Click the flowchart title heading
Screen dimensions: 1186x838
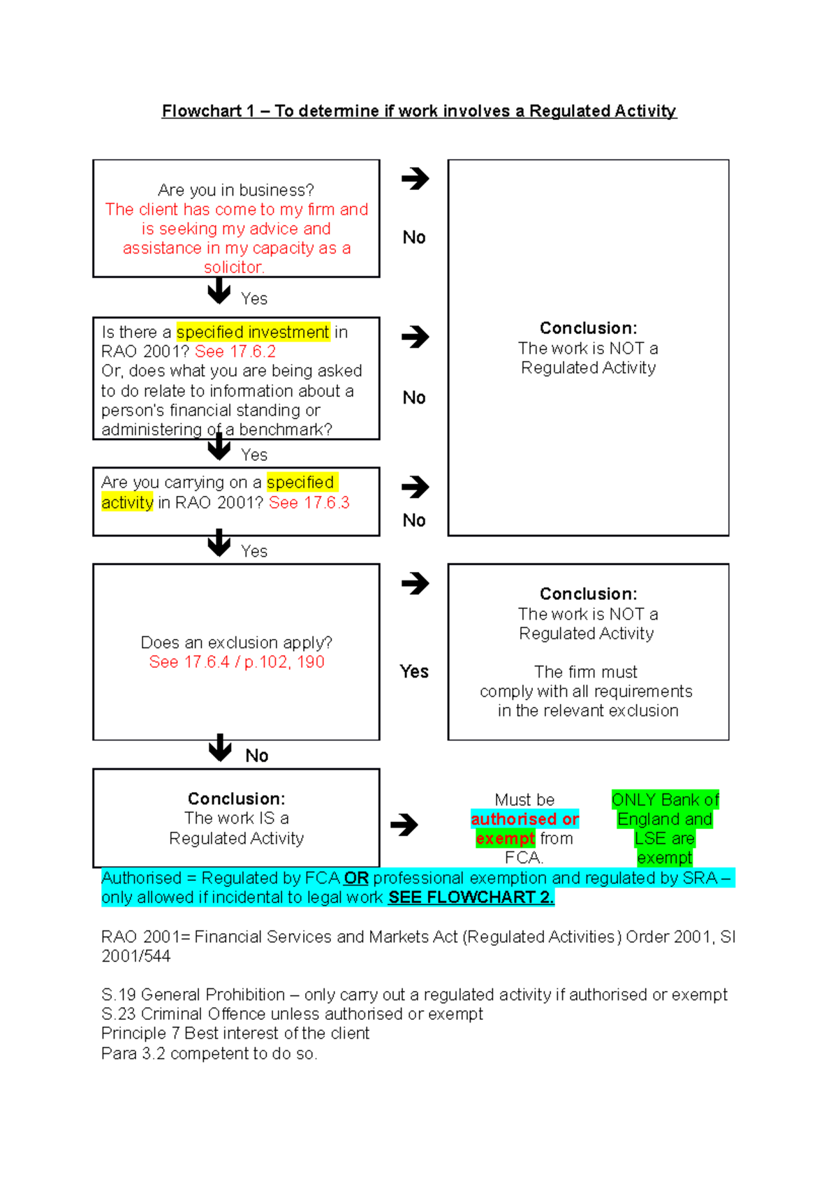419,111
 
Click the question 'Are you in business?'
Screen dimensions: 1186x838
236,190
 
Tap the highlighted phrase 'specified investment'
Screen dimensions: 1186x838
253,332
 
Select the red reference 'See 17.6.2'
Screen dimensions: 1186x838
235,351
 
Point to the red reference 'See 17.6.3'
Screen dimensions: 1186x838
309,502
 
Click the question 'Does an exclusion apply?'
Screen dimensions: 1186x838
236,643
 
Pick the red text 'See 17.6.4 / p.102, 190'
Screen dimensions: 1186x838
236,662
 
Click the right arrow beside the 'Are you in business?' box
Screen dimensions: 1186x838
415,179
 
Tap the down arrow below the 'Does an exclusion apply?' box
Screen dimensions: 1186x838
220,748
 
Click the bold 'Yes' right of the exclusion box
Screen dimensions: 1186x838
414,672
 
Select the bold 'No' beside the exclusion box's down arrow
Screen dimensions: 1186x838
257,756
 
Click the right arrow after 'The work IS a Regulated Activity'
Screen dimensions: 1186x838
404,825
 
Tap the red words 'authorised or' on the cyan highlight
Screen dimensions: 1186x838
524,819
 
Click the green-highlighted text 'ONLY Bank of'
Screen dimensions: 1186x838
665,800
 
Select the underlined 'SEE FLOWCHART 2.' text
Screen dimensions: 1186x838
471,898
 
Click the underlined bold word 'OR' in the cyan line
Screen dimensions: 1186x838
356,878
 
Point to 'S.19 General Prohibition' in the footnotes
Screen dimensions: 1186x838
193,995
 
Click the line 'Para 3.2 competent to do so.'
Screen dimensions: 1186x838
209,1053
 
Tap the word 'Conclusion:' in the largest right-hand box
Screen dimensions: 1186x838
588,328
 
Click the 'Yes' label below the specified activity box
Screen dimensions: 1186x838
254,551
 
